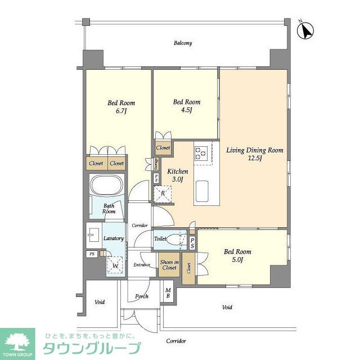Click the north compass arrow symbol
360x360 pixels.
point(306,31)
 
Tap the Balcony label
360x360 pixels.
point(183,43)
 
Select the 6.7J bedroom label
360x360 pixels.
point(121,107)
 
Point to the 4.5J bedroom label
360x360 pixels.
point(186,106)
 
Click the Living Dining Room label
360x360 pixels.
point(254,154)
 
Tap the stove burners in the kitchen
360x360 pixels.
point(202,152)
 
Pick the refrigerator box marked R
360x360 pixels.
point(163,193)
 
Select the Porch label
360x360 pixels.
point(142,296)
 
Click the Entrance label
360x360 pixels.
point(141,265)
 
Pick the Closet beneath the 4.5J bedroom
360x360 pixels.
point(163,148)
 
